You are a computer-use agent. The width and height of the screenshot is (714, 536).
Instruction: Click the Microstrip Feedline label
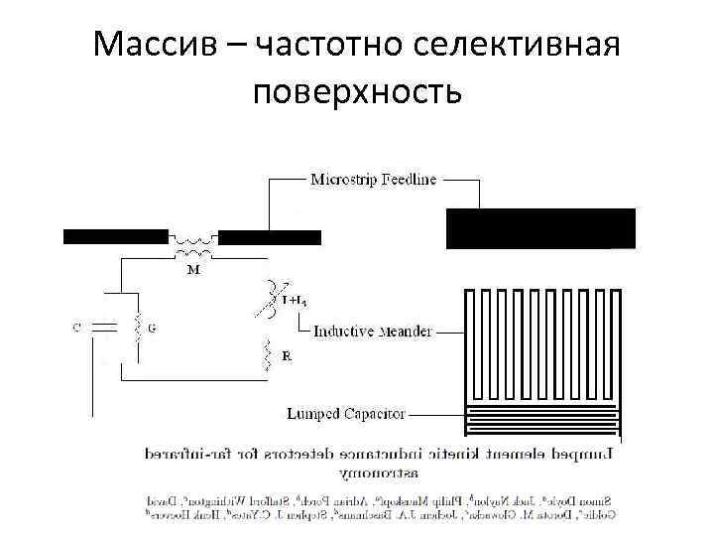tap(373, 180)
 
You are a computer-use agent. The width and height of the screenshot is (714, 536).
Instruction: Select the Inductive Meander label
tap(373, 332)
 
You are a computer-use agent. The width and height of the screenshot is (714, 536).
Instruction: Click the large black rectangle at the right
tap(540, 227)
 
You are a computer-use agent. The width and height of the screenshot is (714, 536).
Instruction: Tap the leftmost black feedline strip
tap(115, 236)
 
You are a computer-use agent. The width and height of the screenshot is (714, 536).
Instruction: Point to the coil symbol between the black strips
tap(193, 240)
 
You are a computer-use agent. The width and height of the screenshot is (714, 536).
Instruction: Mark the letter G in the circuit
tap(151, 327)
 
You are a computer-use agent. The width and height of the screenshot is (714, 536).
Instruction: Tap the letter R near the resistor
tap(287, 355)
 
